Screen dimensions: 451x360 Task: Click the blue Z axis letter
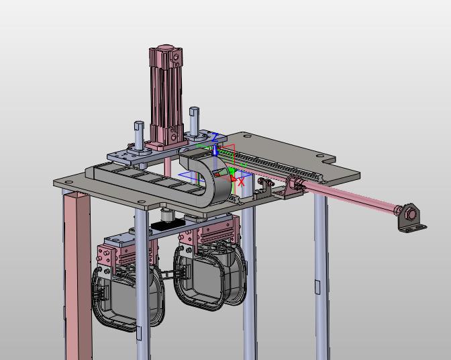214,138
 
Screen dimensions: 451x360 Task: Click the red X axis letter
242,182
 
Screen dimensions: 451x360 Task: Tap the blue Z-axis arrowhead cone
215,151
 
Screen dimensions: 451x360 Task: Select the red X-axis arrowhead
234,179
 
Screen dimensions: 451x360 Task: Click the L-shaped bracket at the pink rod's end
412,218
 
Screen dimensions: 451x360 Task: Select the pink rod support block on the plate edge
293,187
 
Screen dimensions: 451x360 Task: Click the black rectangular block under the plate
168,224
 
